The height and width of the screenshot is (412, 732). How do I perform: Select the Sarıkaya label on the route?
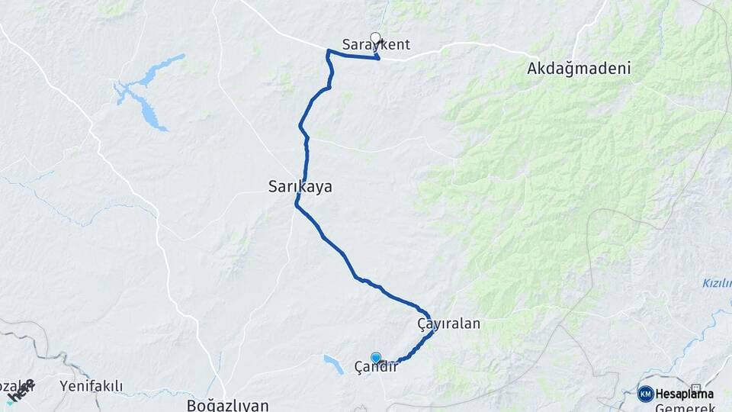(300, 186)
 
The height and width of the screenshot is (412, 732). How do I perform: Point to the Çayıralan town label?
(448, 323)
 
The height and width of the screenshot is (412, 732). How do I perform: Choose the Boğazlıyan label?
(227, 405)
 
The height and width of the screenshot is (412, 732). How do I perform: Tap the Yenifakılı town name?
(91, 387)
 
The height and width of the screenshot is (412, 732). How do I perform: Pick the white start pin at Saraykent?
(374, 37)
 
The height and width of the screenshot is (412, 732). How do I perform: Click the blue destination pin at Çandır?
(375, 357)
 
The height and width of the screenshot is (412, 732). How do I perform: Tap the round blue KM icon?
(645, 394)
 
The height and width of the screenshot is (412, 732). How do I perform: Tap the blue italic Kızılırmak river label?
(717, 284)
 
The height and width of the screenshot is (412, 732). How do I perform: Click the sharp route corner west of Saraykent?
(328, 51)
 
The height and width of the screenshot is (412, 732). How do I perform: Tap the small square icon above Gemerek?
(695, 388)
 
